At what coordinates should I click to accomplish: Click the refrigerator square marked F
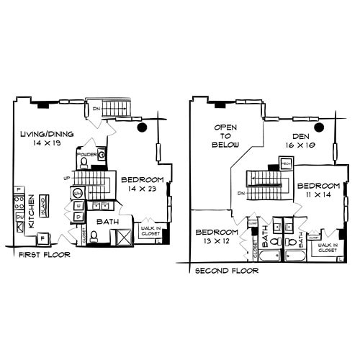42,238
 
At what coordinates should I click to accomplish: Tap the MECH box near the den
286,163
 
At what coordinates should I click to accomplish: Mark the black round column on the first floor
143,127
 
